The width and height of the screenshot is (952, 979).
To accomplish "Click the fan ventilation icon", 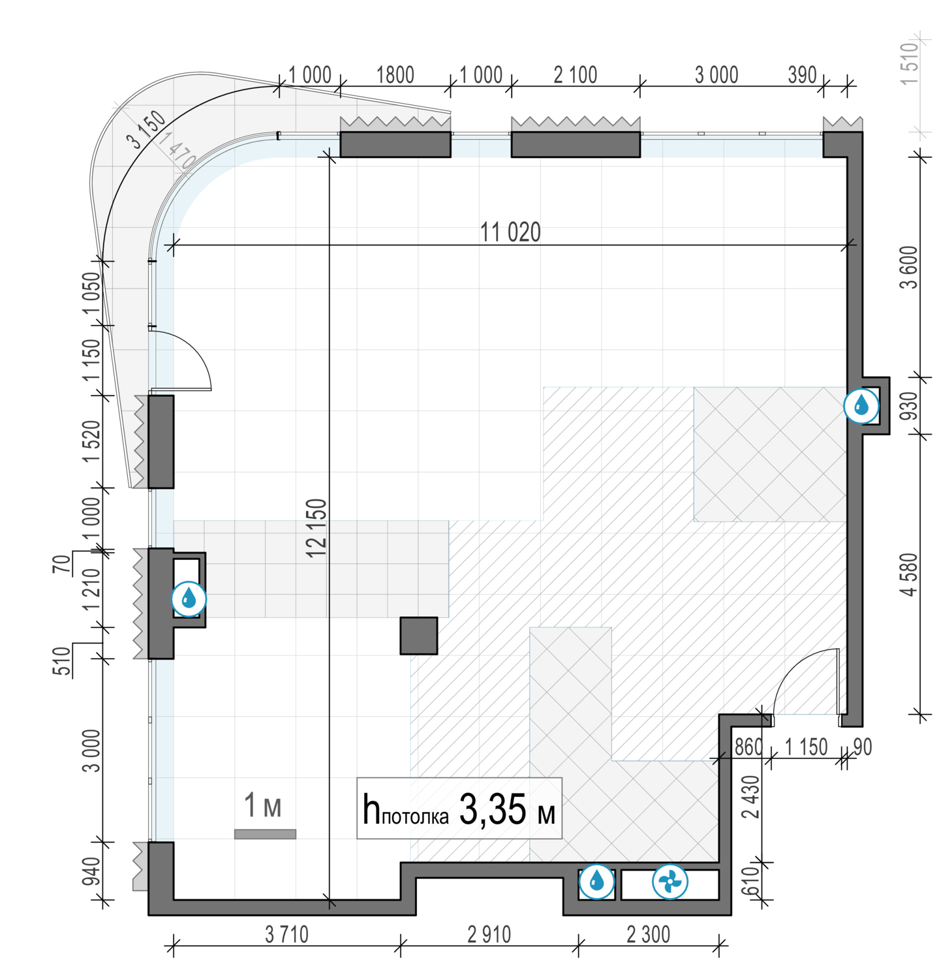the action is pyautogui.click(x=669, y=882).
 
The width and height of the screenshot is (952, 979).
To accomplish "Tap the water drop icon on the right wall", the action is pyautogui.click(x=861, y=405).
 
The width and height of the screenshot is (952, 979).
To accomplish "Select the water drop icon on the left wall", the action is pyautogui.click(x=189, y=598).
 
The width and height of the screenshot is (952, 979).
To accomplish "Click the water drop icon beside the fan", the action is pyautogui.click(x=596, y=882).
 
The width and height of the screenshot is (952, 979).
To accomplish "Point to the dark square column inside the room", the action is pyautogui.click(x=419, y=636).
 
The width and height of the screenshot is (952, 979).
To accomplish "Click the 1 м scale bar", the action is pyautogui.click(x=265, y=834).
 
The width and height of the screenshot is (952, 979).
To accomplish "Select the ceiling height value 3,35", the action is pyautogui.click(x=493, y=810).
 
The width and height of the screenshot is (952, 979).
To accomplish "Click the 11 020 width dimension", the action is pyautogui.click(x=510, y=232).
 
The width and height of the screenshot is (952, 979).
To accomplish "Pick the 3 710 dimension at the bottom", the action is pyautogui.click(x=286, y=935).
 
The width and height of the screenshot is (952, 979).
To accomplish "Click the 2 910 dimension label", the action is pyautogui.click(x=489, y=935).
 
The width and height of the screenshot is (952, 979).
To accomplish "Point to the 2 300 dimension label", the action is pyautogui.click(x=648, y=935).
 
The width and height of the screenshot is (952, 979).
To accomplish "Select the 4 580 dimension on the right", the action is pyautogui.click(x=909, y=574).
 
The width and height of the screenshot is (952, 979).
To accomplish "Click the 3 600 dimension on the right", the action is pyautogui.click(x=909, y=268).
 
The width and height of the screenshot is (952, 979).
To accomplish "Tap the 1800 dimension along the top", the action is pyautogui.click(x=395, y=75).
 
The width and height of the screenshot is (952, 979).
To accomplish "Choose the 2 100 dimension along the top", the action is pyautogui.click(x=576, y=75).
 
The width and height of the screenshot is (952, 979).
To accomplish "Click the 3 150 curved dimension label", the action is pyautogui.click(x=146, y=129).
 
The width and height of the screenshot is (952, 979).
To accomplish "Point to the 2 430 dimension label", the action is pyautogui.click(x=751, y=797).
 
